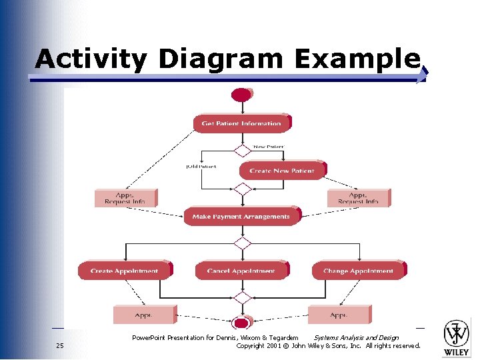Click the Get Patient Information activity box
(242, 123)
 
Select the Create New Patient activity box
(281, 171)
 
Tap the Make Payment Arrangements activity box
(241, 217)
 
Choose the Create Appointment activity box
(125, 271)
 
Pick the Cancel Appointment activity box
(241, 271)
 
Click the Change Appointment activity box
(358, 271)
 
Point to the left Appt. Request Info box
(125, 198)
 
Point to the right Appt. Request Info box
(358, 198)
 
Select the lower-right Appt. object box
(339, 315)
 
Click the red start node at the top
(241, 95)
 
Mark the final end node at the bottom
(241, 322)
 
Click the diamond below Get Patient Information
(242, 150)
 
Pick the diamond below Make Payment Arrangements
(242, 243)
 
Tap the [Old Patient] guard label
(201, 167)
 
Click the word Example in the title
(357, 59)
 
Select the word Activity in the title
(91, 59)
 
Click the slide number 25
(60, 346)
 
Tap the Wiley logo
(457, 337)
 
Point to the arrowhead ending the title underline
(423, 77)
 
